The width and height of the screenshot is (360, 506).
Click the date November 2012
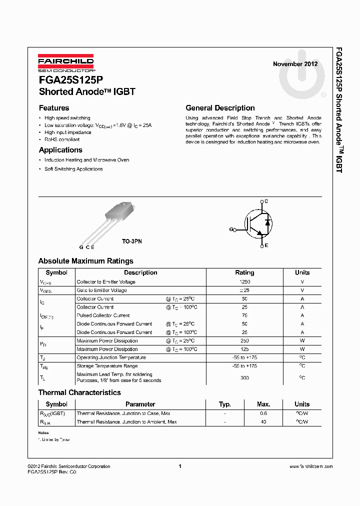tap(295, 64)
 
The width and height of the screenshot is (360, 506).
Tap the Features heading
tap(54, 108)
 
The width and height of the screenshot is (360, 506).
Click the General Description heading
tap(220, 108)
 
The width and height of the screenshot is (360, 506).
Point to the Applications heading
tap(60, 150)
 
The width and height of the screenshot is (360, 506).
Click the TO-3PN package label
tap(132, 241)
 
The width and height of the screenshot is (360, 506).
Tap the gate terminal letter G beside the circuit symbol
tap(231, 229)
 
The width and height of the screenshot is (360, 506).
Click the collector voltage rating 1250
tap(244, 282)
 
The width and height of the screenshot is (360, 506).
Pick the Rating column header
tap(244, 272)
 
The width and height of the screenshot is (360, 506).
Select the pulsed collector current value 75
tap(244, 315)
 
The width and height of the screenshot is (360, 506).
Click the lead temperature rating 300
tap(244, 378)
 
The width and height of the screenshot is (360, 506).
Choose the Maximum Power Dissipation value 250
tap(244, 341)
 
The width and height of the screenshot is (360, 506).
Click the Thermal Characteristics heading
tap(79, 392)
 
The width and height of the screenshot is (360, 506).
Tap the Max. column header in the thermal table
tap(263, 404)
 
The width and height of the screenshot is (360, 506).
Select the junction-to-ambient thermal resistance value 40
tap(263, 422)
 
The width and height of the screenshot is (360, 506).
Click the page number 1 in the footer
tap(179, 466)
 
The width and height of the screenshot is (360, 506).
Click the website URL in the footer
tap(311, 466)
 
